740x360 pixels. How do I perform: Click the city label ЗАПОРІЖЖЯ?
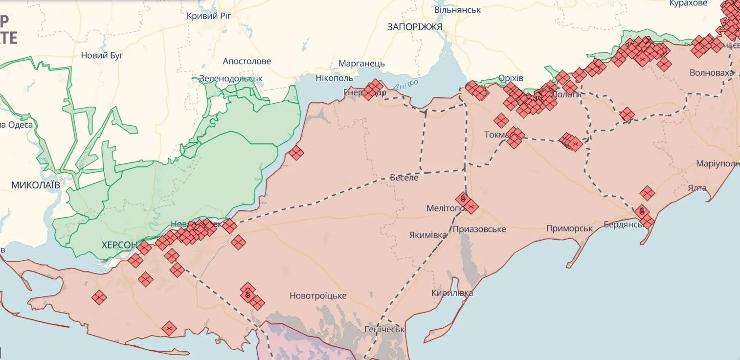point(414,27)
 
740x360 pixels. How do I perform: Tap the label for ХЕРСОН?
point(119,245)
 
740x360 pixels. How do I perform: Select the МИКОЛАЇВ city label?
point(36,185)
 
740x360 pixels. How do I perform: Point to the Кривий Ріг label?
point(209,16)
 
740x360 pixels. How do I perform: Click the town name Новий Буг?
point(102,55)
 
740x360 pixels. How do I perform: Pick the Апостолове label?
point(247,61)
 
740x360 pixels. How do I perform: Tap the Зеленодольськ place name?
point(230,78)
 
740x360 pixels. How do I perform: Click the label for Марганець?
point(361,64)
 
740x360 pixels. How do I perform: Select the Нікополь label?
point(334,78)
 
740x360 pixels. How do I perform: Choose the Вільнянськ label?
point(457,10)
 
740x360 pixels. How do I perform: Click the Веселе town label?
point(404,178)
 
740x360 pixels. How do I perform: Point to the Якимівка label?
point(427,235)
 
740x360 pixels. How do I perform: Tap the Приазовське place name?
point(479,229)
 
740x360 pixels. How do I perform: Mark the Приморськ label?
point(569,228)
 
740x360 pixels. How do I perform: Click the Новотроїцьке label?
point(318,295)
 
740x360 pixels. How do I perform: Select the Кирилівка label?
point(452,293)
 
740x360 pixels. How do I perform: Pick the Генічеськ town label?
point(384,329)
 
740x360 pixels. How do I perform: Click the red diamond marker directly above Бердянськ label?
point(642,211)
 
